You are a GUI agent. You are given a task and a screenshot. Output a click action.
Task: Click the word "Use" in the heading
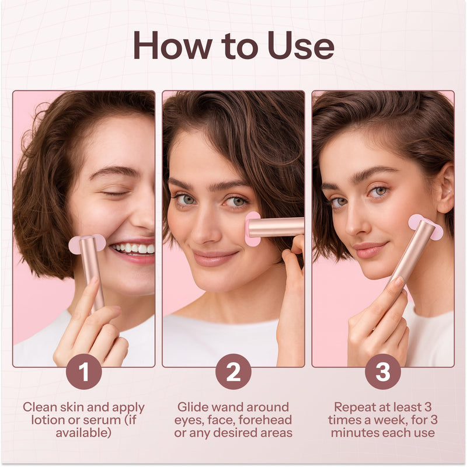(301, 45)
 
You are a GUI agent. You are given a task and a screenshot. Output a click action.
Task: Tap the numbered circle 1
(83, 371)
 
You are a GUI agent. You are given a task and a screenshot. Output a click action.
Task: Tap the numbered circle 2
(233, 371)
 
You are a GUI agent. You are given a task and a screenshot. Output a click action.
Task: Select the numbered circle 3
(383, 371)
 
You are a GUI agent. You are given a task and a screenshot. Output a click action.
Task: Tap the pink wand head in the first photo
(87, 243)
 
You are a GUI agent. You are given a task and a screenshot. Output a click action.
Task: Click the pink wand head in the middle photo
(253, 229)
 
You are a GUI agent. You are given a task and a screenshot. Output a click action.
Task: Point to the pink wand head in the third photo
(426, 227)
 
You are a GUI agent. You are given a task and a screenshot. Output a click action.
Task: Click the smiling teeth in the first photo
(133, 248)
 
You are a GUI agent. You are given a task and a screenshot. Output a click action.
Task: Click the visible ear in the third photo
(445, 187)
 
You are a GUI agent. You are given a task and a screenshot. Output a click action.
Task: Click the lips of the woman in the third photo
(370, 250)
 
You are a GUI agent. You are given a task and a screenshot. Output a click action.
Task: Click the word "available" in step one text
(83, 433)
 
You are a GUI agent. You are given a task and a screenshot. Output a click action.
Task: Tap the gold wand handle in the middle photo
(276, 227)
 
